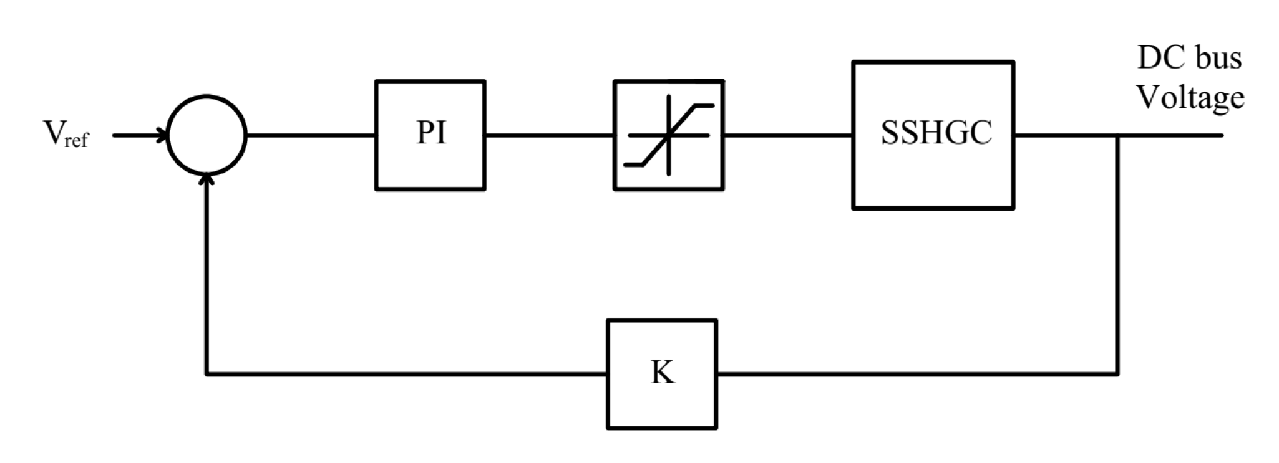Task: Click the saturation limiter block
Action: [669, 135]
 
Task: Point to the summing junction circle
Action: [208, 135]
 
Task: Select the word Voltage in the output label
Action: [1190, 97]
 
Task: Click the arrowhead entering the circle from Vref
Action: [162, 135]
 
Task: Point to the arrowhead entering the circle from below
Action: [208, 180]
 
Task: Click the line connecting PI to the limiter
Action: [549, 135]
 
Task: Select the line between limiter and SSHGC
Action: [788, 135]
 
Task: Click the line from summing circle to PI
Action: [311, 135]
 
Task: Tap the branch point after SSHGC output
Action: [1117, 135]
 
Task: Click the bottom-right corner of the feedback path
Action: [1117, 374]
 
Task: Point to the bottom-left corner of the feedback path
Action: [207, 374]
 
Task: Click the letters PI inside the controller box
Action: [431, 133]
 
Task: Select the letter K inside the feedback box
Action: [663, 373]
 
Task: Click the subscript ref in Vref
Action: [76, 140]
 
